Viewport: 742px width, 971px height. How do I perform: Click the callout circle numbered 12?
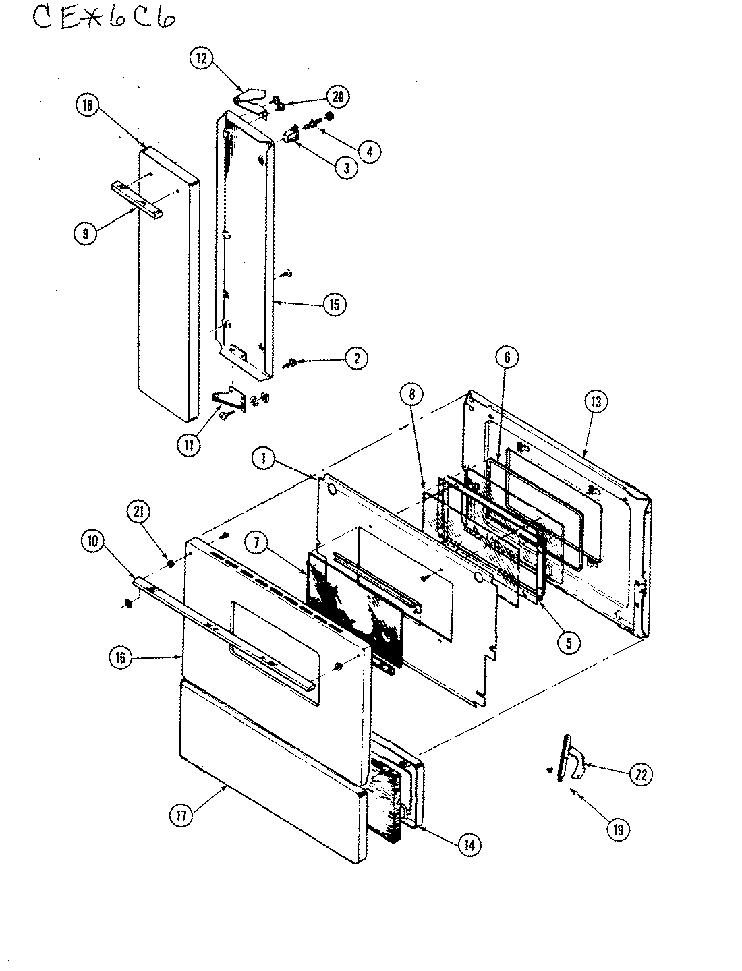[200, 58]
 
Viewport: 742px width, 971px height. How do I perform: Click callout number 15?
[333, 305]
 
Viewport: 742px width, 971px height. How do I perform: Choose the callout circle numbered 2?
[356, 358]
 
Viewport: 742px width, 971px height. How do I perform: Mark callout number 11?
[189, 444]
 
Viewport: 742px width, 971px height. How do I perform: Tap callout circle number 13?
[596, 402]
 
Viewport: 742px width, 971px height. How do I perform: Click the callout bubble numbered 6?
[507, 358]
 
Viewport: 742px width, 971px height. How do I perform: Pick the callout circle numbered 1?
[264, 460]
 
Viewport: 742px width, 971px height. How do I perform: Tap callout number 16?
[120, 659]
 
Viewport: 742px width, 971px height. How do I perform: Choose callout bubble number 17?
[181, 815]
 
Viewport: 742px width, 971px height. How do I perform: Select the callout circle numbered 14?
[468, 845]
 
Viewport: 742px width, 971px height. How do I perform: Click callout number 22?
[640, 775]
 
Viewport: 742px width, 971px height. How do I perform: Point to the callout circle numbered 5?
[569, 643]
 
